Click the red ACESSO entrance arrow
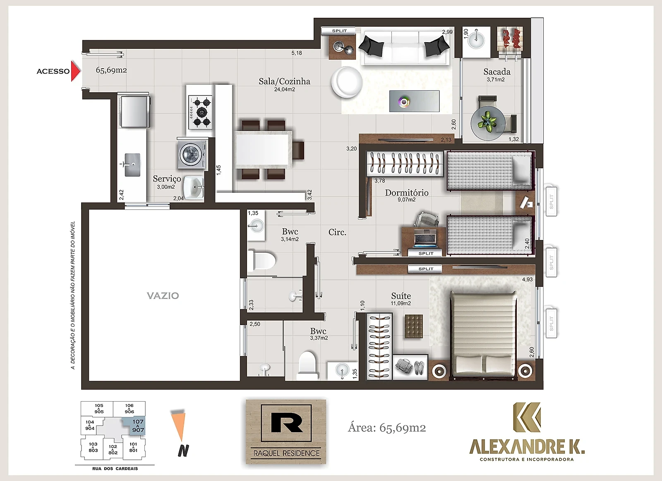click(75, 71)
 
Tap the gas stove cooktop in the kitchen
click(200, 112)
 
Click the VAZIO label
click(163, 295)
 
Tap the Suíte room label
click(401, 296)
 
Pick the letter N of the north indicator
click(183, 450)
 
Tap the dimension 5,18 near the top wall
click(297, 53)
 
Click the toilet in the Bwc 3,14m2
click(261, 260)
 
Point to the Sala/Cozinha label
click(284, 81)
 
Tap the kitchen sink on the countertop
click(132, 165)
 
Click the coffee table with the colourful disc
click(414, 101)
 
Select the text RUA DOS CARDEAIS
click(115, 469)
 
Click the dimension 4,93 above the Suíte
click(527, 279)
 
